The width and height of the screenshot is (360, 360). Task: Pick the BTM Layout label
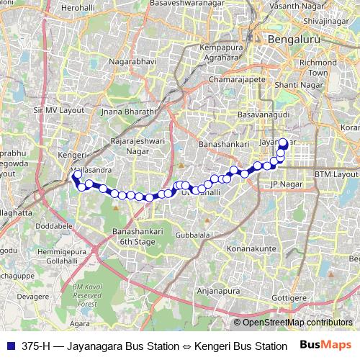pos(336,174)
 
